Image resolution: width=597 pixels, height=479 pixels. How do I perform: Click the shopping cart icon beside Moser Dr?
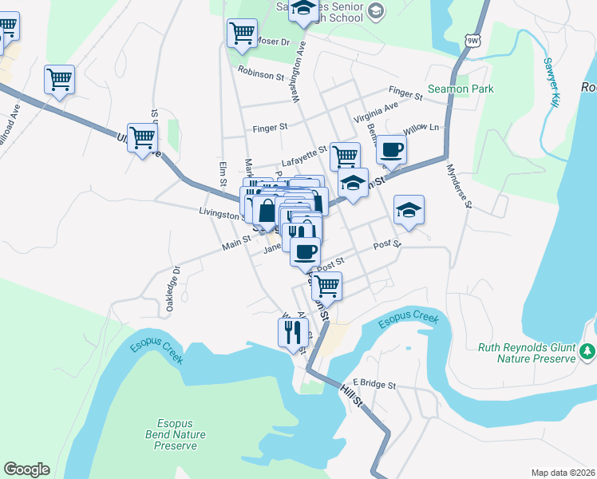tap(242, 34)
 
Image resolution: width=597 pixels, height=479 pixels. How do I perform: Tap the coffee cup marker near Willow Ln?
tap(391, 148)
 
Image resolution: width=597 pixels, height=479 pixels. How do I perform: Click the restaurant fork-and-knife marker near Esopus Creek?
tap(293, 331)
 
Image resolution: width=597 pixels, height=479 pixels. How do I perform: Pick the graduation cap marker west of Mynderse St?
tap(409, 209)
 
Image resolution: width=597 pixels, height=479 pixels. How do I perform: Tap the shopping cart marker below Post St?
tap(326, 285)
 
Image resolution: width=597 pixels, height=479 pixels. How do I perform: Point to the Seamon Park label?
tap(461, 89)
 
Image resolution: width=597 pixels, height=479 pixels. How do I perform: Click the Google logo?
tap(26, 469)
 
